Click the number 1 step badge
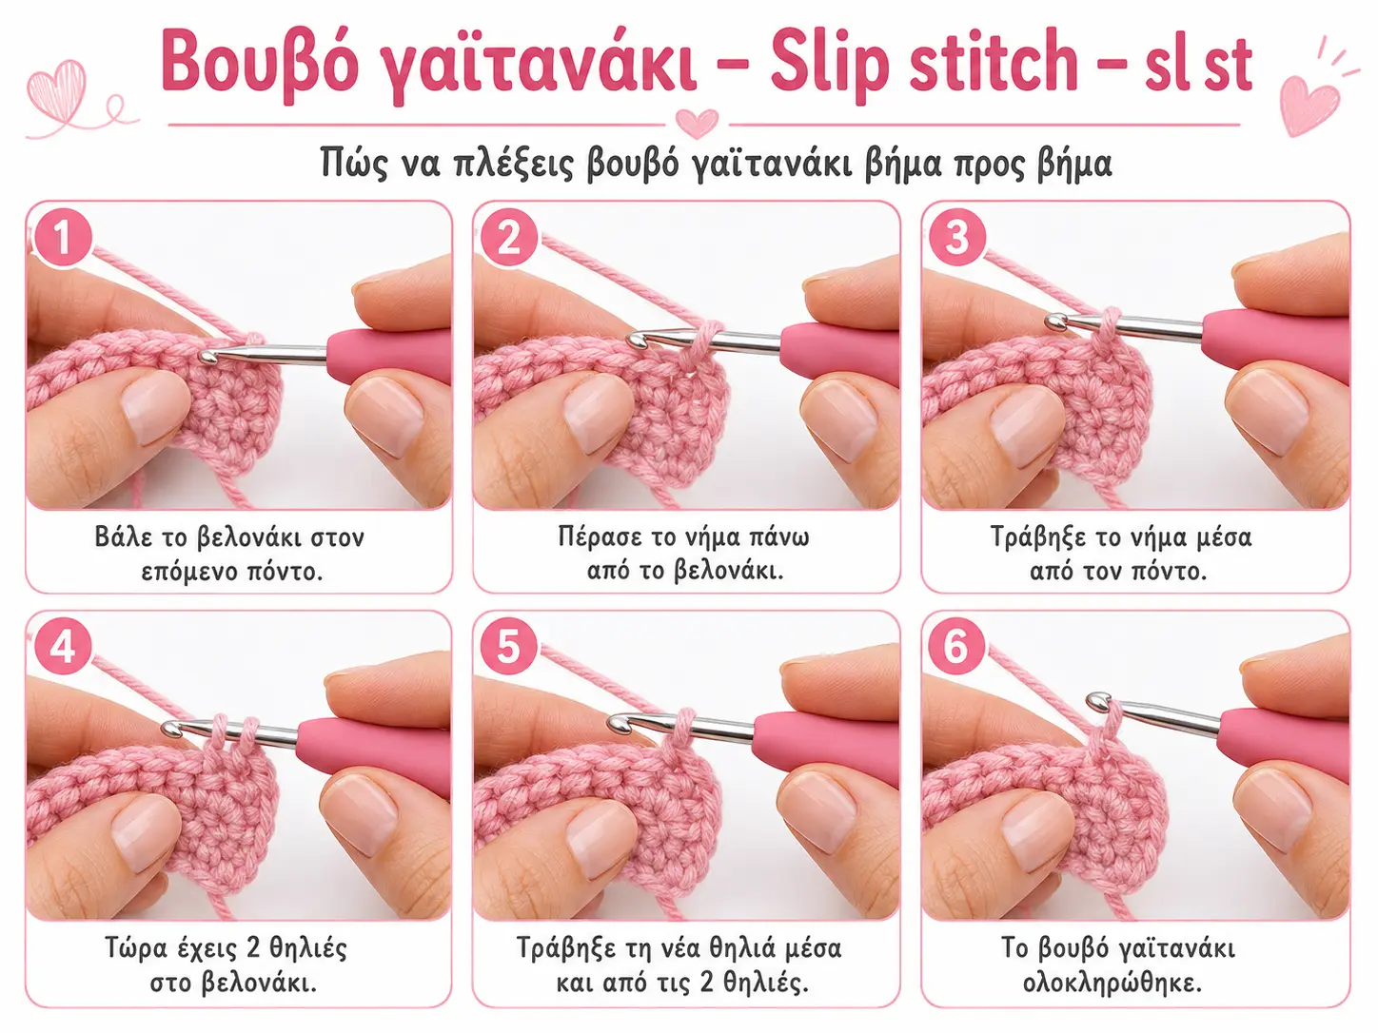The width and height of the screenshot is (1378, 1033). click(x=62, y=238)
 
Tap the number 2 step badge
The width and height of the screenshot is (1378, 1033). click(x=508, y=238)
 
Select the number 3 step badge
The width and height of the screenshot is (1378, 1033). click(x=956, y=238)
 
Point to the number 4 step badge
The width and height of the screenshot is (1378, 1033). click(x=62, y=647)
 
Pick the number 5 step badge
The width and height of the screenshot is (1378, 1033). click(x=508, y=647)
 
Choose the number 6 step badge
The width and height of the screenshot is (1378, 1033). click(x=956, y=647)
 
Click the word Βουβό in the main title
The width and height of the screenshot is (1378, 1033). click(x=260, y=63)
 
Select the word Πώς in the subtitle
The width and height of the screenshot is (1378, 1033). click(x=353, y=163)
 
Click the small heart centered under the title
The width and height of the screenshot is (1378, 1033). click(x=697, y=123)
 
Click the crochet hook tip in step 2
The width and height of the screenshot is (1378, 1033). click(x=636, y=341)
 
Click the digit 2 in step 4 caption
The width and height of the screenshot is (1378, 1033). click(x=254, y=947)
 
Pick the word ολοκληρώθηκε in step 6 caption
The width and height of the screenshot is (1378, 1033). click(x=1112, y=983)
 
